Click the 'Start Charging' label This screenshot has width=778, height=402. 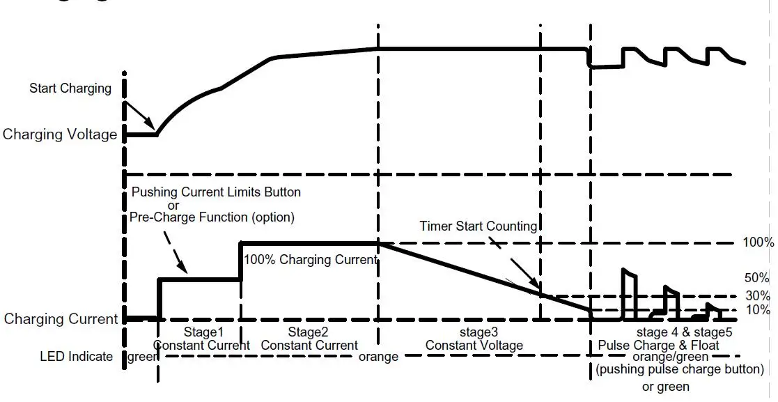(x=70, y=88)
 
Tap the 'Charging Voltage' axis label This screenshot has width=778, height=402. (x=60, y=134)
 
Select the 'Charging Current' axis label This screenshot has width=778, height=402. (x=61, y=319)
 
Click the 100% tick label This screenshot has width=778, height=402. (x=758, y=242)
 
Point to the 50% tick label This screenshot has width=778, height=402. (x=757, y=277)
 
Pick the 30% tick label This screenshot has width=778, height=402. (x=757, y=295)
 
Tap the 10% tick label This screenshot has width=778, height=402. (x=757, y=310)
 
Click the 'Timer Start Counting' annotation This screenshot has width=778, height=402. (x=478, y=226)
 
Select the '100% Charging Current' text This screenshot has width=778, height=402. (x=310, y=260)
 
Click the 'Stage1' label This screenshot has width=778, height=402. (x=201, y=332)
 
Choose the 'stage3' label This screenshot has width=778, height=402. (x=474, y=332)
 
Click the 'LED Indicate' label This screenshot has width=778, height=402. (x=76, y=357)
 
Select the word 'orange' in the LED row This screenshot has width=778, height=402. (x=378, y=357)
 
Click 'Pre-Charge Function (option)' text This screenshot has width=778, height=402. (x=212, y=217)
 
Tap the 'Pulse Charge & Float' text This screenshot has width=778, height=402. (x=658, y=345)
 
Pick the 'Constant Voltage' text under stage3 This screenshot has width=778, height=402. (x=474, y=345)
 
